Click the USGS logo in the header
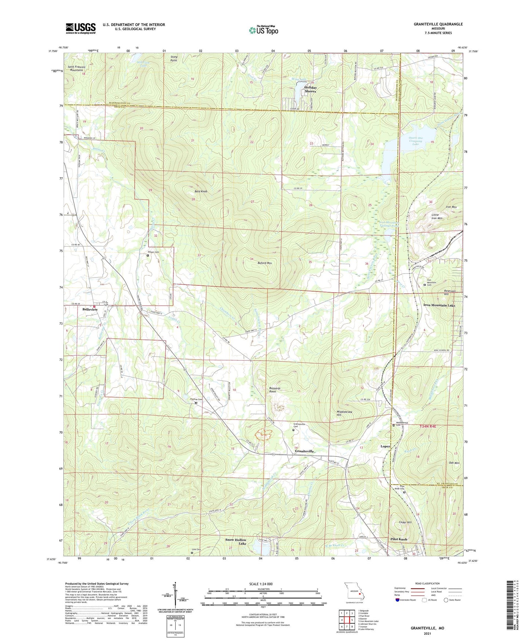[x=81, y=28]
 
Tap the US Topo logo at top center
[x=263, y=30]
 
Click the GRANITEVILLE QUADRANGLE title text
[x=433, y=24]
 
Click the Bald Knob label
[x=201, y=192]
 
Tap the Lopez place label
[x=385, y=446]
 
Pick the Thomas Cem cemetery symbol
[x=196, y=403]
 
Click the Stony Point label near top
[x=174, y=58]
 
